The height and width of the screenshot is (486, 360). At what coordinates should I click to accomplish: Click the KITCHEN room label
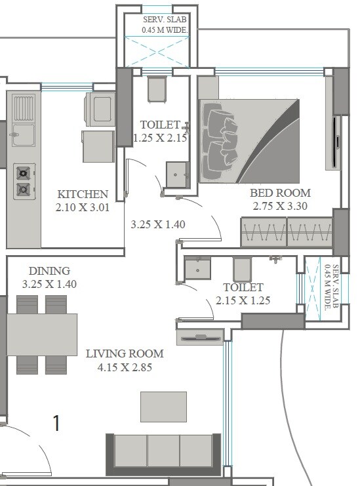tap(83, 194)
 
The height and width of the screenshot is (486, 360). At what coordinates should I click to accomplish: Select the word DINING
tap(49, 271)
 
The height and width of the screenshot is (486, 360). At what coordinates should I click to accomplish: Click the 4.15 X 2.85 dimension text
tap(125, 368)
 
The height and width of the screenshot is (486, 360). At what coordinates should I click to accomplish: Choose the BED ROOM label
tap(280, 193)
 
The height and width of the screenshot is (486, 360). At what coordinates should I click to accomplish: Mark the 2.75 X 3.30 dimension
tap(280, 206)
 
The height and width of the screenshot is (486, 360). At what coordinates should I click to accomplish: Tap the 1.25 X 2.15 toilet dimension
tap(160, 138)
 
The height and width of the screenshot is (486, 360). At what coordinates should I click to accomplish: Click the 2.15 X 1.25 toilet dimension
tap(243, 301)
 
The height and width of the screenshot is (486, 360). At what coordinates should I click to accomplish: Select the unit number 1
tap(56, 423)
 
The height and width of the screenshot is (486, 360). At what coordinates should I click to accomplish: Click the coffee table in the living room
tap(163, 407)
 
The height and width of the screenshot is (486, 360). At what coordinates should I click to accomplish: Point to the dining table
tap(41, 334)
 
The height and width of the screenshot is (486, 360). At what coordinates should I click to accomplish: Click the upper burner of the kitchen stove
tap(23, 173)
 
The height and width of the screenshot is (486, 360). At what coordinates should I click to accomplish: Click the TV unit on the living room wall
tap(200, 338)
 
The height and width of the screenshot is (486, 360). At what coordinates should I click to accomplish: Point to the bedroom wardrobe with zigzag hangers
tap(286, 233)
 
